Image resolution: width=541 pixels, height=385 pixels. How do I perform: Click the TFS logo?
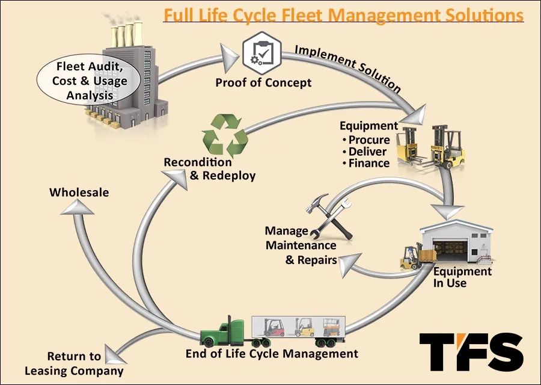(x=471, y=352)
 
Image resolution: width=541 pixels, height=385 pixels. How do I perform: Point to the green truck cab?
(x=224, y=333)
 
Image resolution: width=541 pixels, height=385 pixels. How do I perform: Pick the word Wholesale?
(x=79, y=192)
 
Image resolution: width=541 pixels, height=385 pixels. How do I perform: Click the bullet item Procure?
(x=369, y=140)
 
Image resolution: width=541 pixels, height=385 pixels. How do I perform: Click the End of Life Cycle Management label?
(x=272, y=353)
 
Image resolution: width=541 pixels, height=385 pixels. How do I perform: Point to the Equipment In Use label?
(x=462, y=277)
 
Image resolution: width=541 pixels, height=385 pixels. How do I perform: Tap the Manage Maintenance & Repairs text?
(x=301, y=245)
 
